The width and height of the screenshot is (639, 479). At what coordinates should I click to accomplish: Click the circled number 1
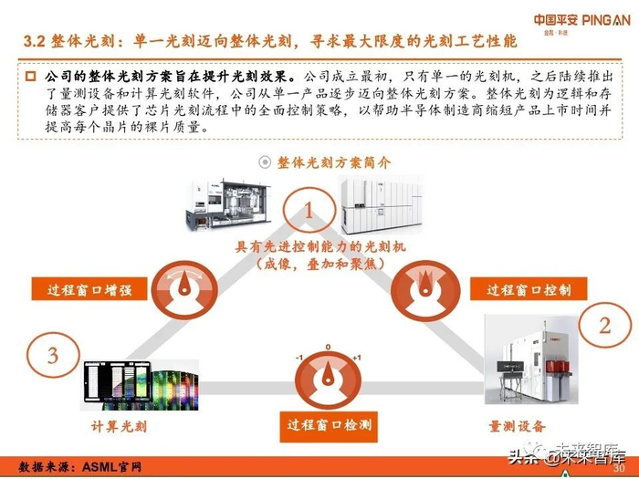click(x=309, y=212)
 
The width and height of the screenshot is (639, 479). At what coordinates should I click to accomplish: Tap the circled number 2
click(x=604, y=325)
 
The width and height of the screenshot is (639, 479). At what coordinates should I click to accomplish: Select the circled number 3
click(x=53, y=354)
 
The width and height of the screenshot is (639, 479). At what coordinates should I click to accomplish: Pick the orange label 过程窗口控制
click(x=529, y=289)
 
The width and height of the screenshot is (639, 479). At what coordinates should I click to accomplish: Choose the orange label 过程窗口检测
click(x=330, y=424)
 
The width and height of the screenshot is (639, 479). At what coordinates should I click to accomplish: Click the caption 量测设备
click(x=518, y=426)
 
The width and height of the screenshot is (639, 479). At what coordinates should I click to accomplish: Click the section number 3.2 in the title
click(x=33, y=42)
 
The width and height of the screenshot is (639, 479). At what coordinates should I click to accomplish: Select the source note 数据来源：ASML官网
click(x=80, y=466)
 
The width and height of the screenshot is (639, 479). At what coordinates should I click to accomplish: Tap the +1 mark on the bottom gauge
click(x=357, y=357)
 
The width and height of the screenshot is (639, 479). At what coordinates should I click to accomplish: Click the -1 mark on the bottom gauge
click(x=299, y=357)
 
